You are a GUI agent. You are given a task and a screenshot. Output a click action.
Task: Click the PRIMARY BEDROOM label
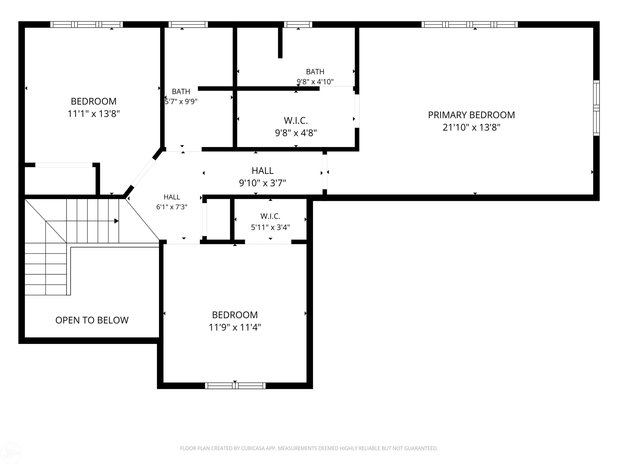[x=471, y=115]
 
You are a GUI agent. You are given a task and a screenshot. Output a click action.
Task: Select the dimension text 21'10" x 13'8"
[x=471, y=127]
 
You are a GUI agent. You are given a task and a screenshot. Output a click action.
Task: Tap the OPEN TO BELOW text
[x=92, y=320]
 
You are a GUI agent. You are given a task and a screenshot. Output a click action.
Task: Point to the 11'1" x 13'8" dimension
[x=94, y=114]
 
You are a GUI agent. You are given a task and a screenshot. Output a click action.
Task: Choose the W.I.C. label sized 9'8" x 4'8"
[x=296, y=121]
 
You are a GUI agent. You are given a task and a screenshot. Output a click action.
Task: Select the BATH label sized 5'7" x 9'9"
[x=181, y=91]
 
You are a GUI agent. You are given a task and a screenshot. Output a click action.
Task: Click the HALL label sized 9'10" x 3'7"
[x=262, y=171]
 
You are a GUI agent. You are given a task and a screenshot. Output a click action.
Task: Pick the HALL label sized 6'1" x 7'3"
[x=172, y=197]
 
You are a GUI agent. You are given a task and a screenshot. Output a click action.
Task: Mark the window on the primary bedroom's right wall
[x=596, y=108]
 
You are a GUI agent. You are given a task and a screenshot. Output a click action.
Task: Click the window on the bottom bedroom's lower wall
[x=235, y=386]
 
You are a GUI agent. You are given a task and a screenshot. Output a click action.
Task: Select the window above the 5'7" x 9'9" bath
[x=188, y=25]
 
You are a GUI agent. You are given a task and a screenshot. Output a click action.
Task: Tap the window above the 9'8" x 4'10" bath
[x=298, y=25]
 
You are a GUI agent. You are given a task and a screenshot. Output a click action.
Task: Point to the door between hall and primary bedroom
[x=325, y=172]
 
